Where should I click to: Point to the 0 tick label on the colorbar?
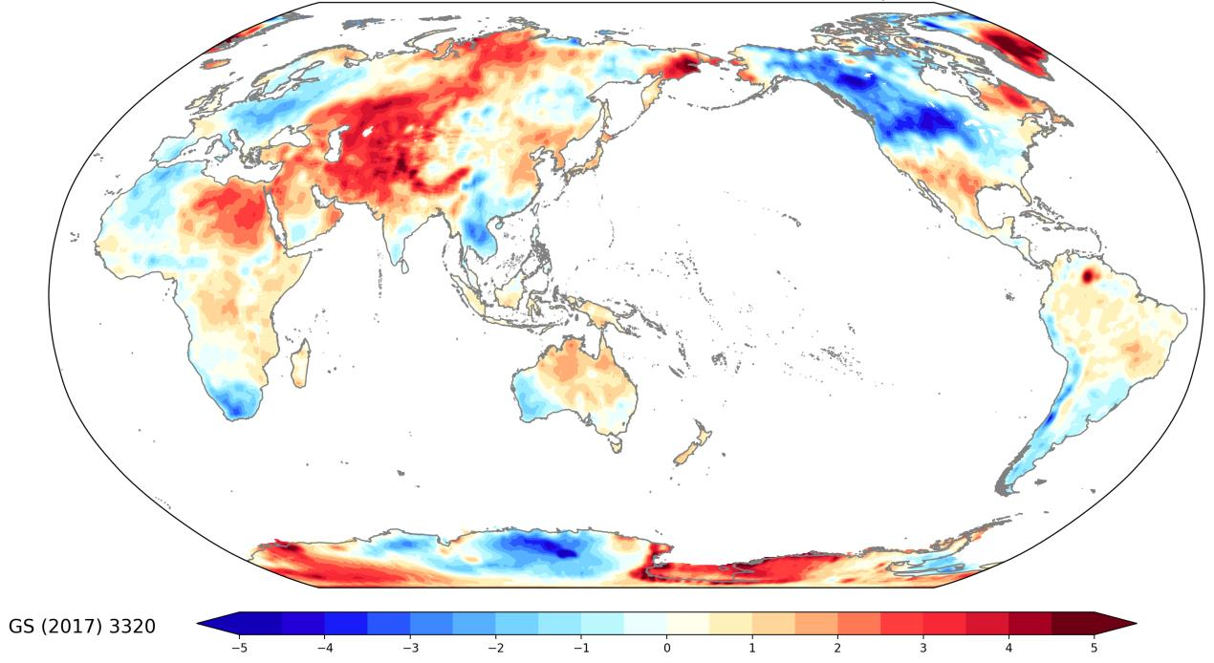pyautogui.click(x=666, y=647)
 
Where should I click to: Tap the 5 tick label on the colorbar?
pyautogui.click(x=1095, y=647)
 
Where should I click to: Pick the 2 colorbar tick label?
pyautogui.click(x=837, y=647)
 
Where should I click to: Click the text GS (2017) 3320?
pyautogui.click(x=82, y=627)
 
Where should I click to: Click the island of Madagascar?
pyautogui.click(x=299, y=365)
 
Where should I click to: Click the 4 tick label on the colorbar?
pyautogui.click(x=1008, y=647)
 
